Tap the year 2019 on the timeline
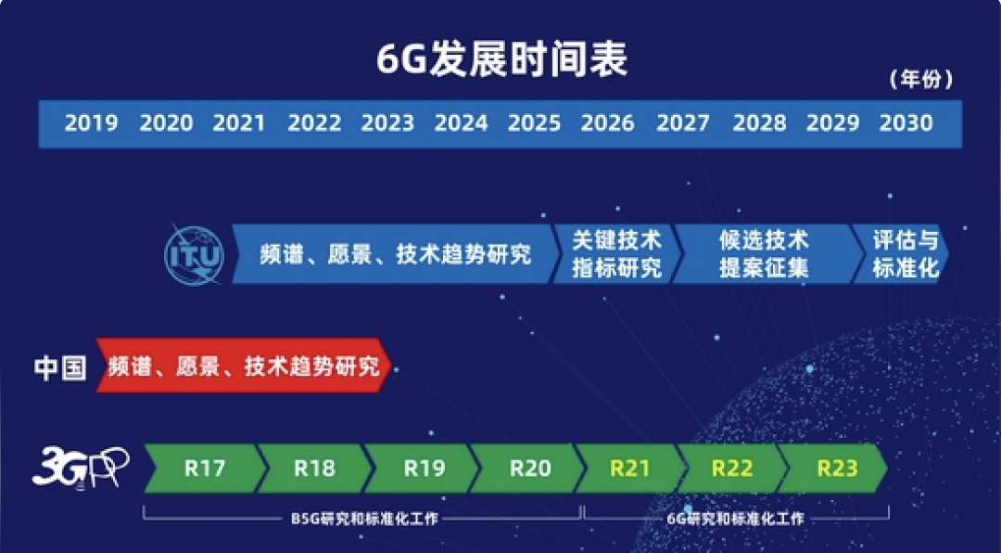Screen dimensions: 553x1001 91,123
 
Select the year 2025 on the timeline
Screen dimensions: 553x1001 535,123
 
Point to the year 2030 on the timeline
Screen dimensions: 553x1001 906,123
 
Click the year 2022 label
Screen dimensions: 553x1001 314,123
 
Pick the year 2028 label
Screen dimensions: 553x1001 759,123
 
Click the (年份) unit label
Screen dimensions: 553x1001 920,80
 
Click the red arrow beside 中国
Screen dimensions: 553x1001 244,366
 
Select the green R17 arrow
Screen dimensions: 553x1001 205,469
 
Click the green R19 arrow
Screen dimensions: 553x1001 424,469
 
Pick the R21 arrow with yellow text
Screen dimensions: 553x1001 630,469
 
